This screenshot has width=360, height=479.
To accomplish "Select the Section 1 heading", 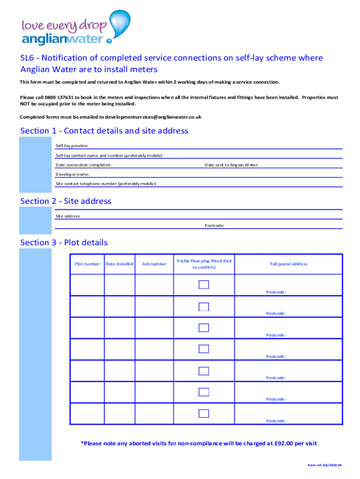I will pyautogui.click(x=104, y=131).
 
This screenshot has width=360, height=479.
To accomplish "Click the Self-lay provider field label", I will pyautogui.click(x=72, y=146).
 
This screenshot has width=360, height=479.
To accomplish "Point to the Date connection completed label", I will pyautogui.click(x=83, y=165).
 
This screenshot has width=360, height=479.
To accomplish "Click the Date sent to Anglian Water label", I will pyautogui.click(x=231, y=165).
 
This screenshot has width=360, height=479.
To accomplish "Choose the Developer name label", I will pyautogui.click(x=72, y=174).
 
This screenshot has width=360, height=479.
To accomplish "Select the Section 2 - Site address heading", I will pyautogui.click(x=66, y=201).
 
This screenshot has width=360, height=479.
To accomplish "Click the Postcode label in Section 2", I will pyautogui.click(x=214, y=225).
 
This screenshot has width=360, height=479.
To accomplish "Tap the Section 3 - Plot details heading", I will pyautogui.click(x=64, y=242).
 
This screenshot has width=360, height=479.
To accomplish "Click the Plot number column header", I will pyautogui.click(x=87, y=264).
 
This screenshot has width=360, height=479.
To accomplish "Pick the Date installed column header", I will pyautogui.click(x=119, y=264).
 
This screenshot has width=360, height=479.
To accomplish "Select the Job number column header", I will pyautogui.click(x=154, y=264).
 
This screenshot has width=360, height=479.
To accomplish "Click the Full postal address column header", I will pyautogui.click(x=288, y=264).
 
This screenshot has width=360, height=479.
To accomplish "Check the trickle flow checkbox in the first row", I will pyautogui.click(x=204, y=285).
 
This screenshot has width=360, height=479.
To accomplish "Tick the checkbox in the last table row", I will pyautogui.click(x=204, y=413).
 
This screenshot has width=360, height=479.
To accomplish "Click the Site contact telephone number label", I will pyautogui.click(x=106, y=184).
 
